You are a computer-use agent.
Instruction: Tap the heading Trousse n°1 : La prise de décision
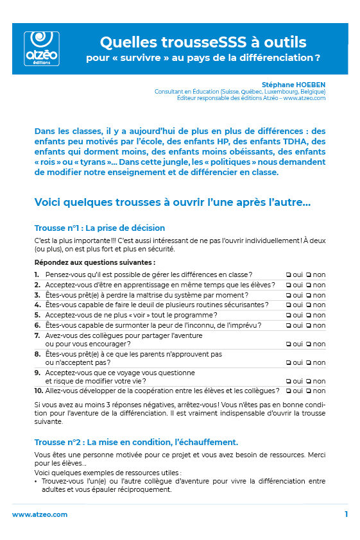point(99,228)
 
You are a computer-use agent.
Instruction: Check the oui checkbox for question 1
point(289,275)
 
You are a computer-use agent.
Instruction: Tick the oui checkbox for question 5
point(289,315)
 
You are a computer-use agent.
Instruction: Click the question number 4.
point(37,305)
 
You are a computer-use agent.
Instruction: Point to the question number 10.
point(39,391)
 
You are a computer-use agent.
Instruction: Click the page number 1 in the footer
point(346,514)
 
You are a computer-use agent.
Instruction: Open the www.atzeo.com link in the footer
point(40,514)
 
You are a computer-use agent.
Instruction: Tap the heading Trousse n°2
point(136,442)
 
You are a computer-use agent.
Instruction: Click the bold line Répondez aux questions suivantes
point(94,262)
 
